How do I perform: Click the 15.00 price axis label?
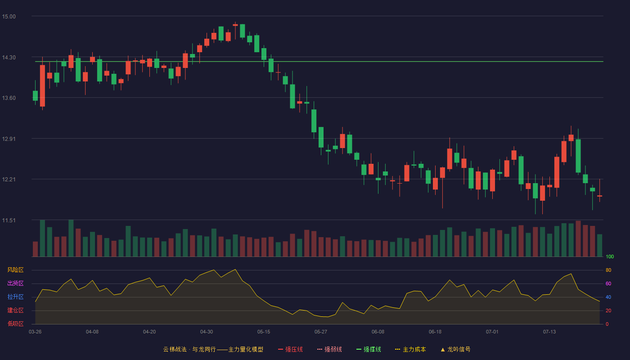coord(9,17)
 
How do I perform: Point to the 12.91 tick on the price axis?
coord(9,139)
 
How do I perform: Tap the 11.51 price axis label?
coord(9,220)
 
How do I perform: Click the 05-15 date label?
coord(264,332)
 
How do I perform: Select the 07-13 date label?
coord(549,332)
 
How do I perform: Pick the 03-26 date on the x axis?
coord(35,332)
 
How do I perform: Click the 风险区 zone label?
coord(15,270)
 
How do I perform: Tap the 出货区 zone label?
coord(15,283)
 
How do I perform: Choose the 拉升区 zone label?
coord(15,297)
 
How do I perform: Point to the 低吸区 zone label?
coord(15,324)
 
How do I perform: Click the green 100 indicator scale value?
coord(610,256)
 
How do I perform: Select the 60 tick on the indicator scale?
coord(608,283)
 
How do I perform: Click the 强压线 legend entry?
coord(290,349)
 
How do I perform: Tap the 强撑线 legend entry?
coord(369,349)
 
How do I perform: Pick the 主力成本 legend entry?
coord(410,349)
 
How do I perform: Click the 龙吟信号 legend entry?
coord(455,349)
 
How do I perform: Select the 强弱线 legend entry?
coord(329,349)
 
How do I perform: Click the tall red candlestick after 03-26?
coord(42,86)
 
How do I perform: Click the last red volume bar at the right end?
coord(592,241)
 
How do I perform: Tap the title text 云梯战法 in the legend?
coord(175,349)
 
